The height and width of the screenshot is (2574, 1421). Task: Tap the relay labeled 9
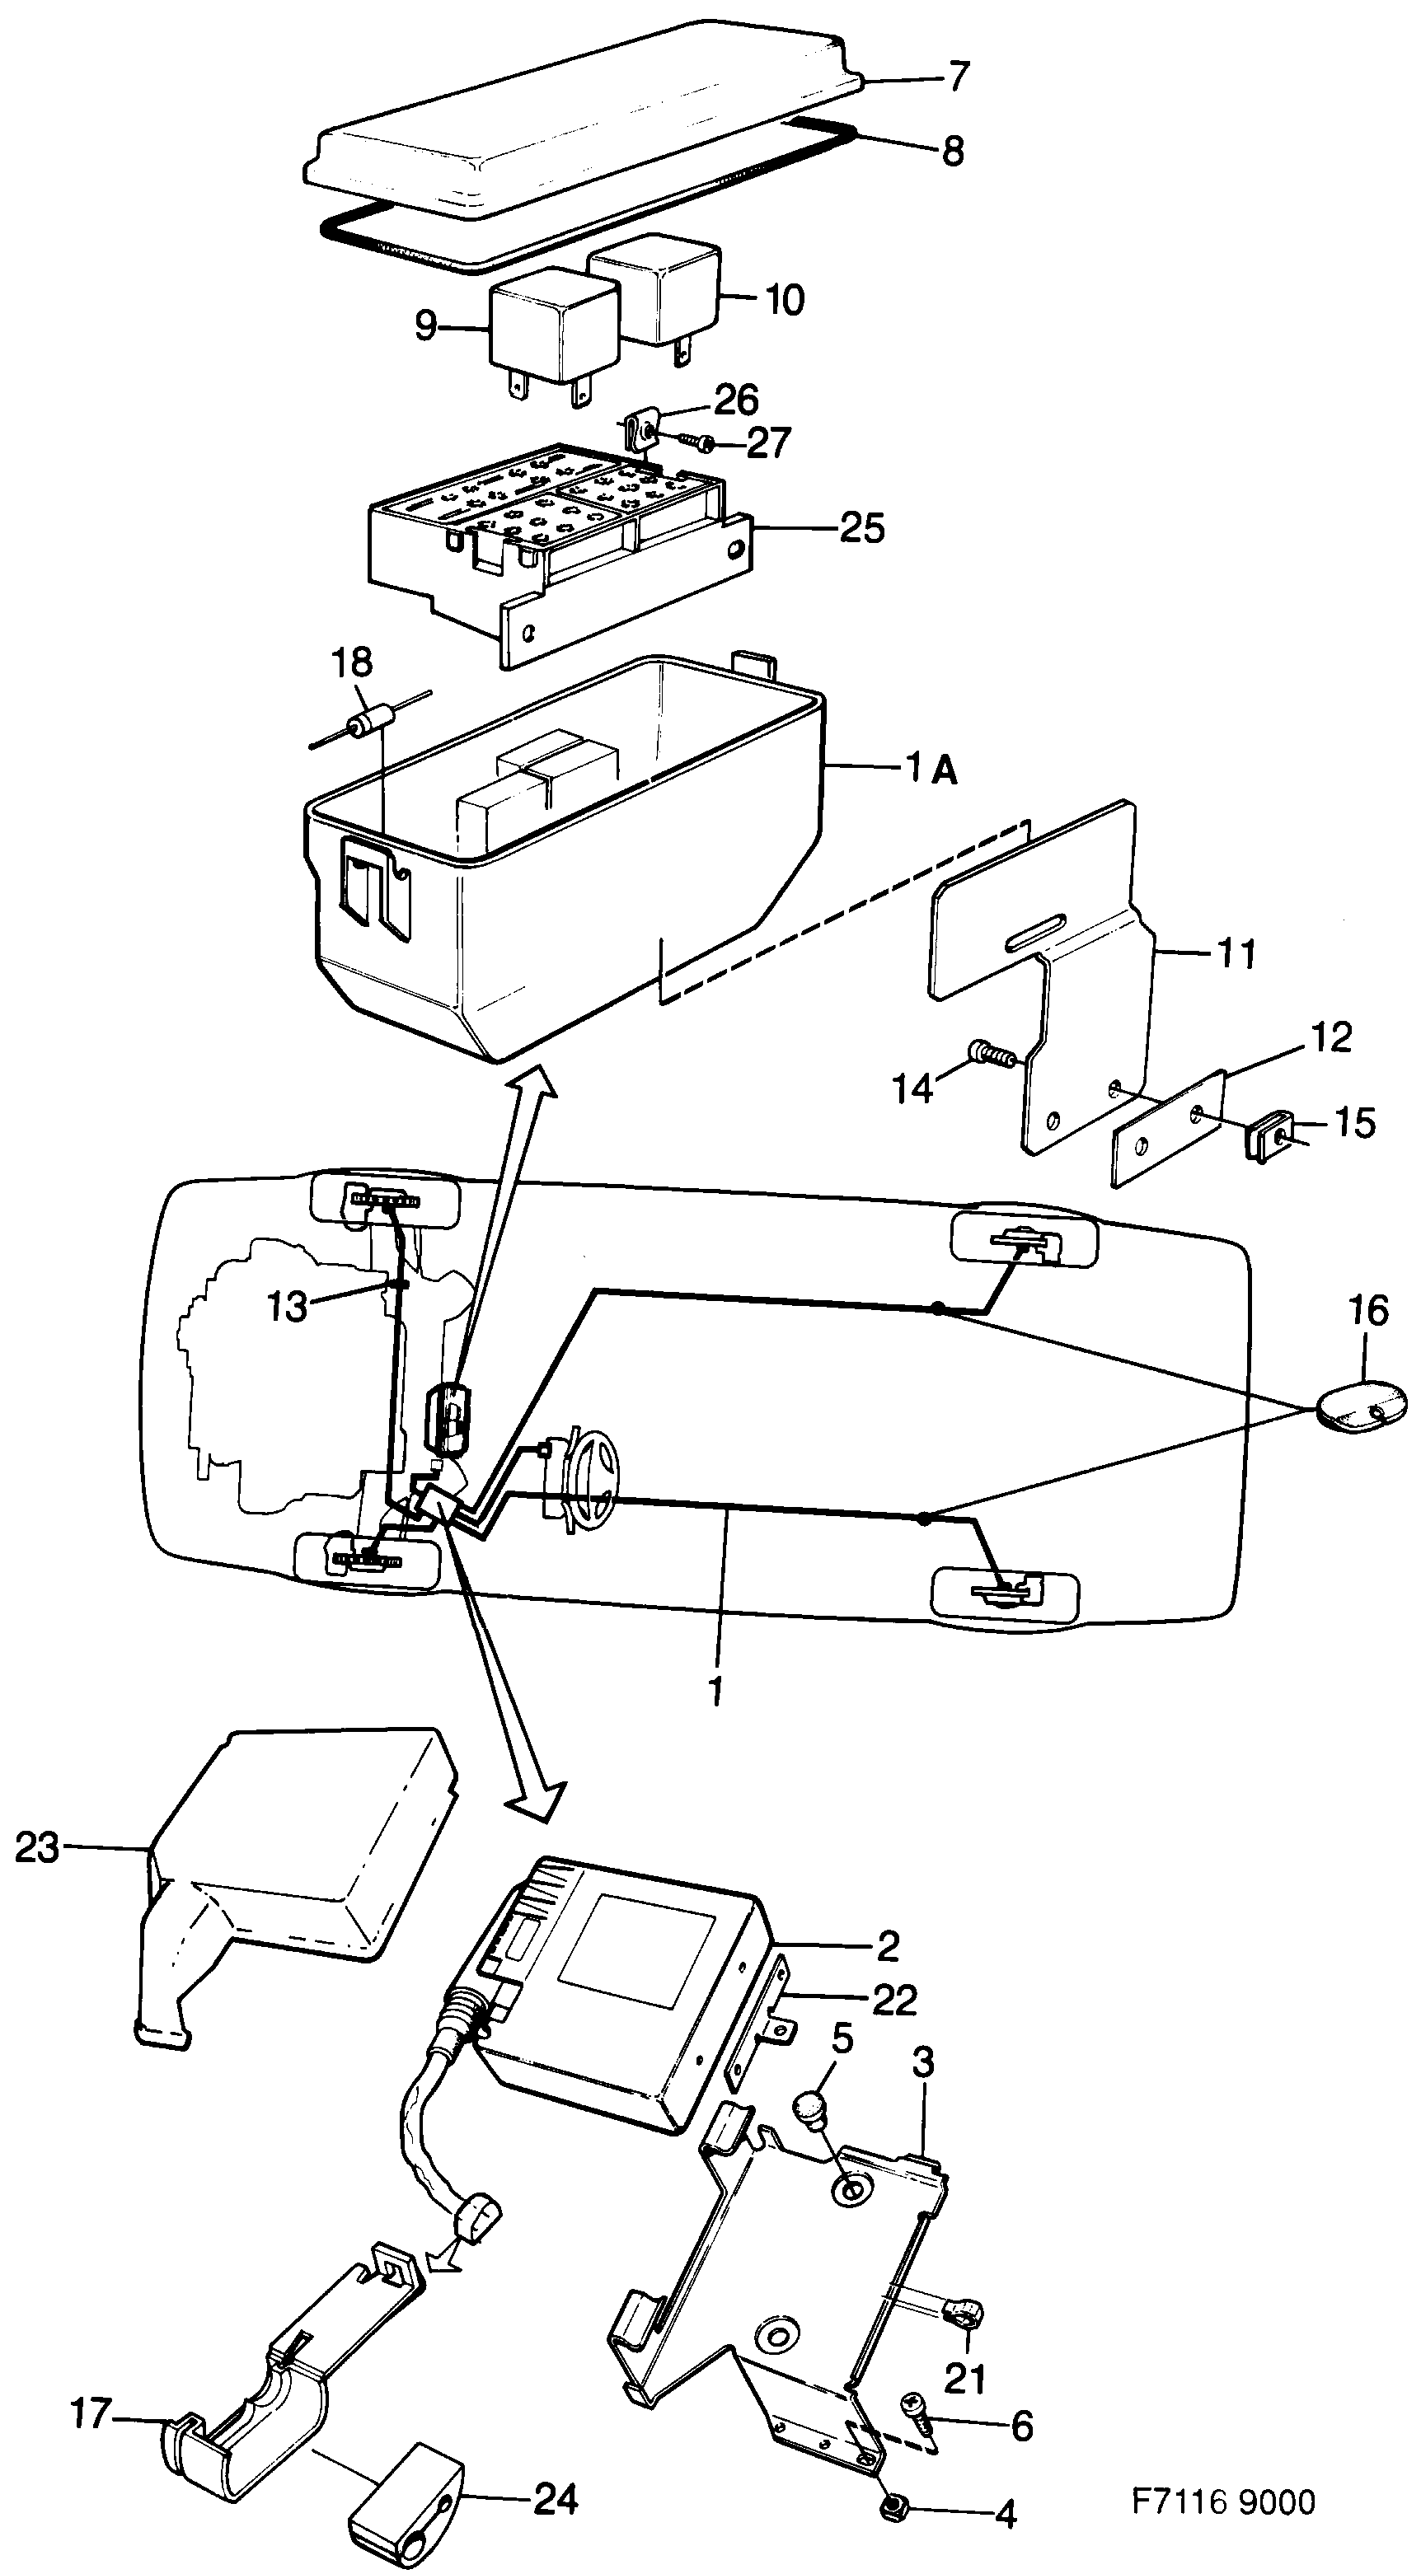click(550, 325)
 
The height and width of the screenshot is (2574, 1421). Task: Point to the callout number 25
click(861, 526)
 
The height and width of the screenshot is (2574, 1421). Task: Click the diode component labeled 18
click(368, 724)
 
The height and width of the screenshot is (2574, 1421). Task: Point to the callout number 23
click(37, 1847)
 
